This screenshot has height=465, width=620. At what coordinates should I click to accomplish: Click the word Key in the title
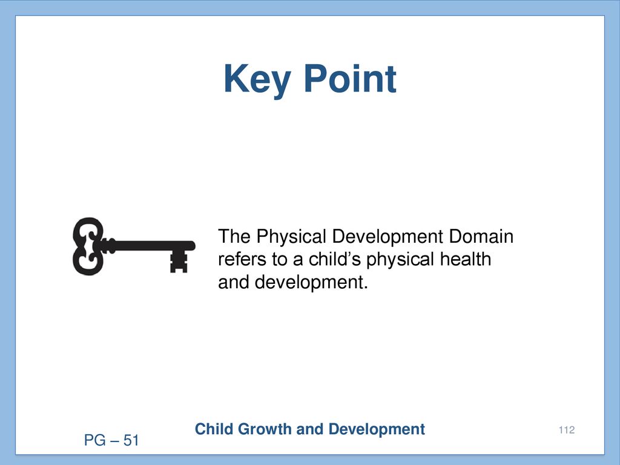coord(257,80)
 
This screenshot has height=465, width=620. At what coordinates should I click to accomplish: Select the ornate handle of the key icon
coord(88,246)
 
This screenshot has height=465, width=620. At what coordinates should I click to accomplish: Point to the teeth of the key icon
coord(179,262)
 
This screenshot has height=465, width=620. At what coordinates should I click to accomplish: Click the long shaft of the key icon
coord(150,246)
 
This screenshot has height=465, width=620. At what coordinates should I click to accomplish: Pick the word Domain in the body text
coord(481,237)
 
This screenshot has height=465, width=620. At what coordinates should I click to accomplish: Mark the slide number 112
coord(567,430)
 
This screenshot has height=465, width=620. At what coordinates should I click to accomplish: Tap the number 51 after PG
coord(131,440)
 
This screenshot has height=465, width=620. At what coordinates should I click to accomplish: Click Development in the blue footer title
coord(377,430)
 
